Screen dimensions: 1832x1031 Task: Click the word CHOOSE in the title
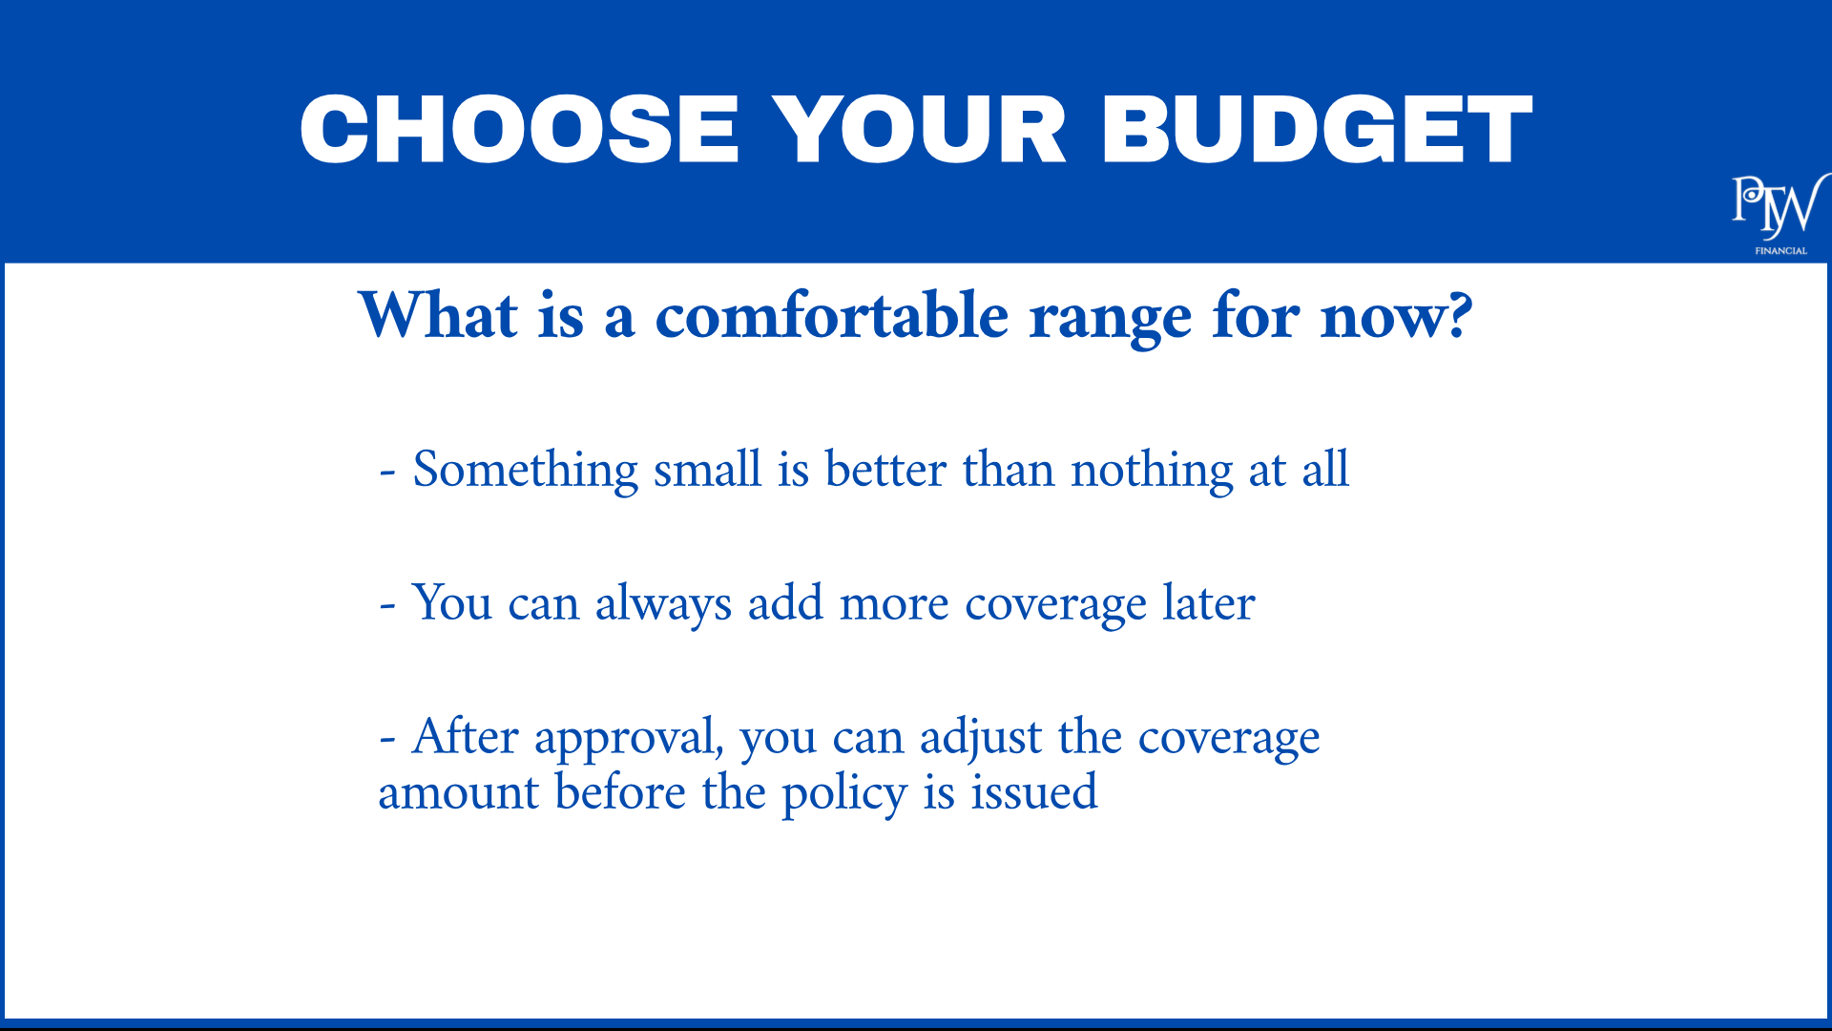coord(520,130)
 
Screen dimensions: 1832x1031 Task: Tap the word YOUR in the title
coord(919,130)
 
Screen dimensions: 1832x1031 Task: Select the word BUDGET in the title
coord(1317,130)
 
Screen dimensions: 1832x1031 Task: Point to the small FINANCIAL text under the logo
coord(1780,251)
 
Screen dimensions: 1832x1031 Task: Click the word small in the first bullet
coord(708,469)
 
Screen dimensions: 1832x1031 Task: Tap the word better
coord(886,469)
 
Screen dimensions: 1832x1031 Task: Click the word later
coord(1209,602)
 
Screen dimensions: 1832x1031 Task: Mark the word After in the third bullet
coord(466,736)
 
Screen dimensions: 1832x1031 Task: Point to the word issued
coord(1034,791)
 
